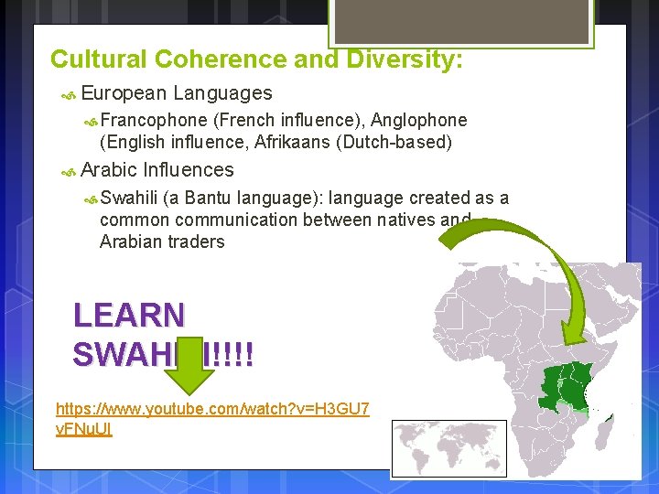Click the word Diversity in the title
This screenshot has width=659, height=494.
(x=402, y=59)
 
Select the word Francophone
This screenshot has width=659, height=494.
(x=153, y=120)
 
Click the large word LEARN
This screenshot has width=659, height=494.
(x=129, y=316)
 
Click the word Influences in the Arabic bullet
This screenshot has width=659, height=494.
(x=189, y=170)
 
